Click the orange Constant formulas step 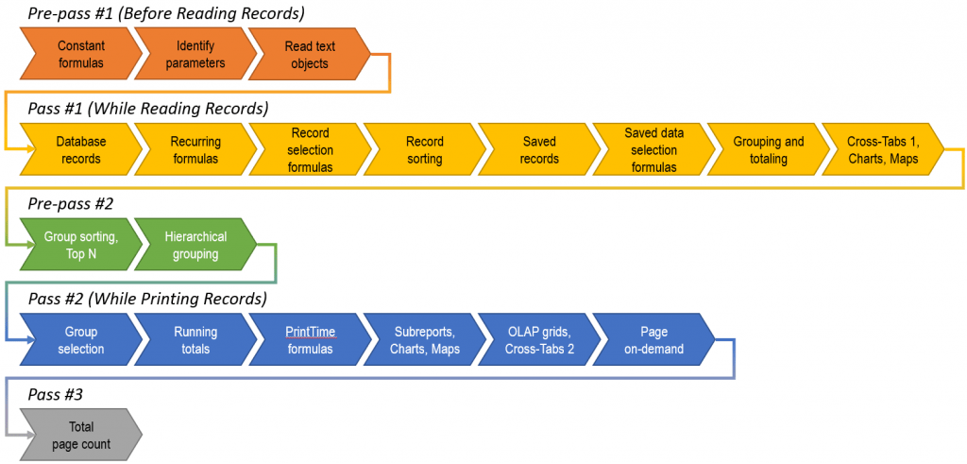[x=80, y=55]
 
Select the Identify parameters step [x=195, y=55]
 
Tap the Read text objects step [x=310, y=55]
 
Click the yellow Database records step [x=80, y=150]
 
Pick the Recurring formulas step [x=195, y=150]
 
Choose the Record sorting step [x=424, y=150]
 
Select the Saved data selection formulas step [x=653, y=150]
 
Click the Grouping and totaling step [x=768, y=150]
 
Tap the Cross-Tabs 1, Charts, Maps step [x=883, y=150]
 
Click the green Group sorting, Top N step [x=80, y=246]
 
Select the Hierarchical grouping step [x=195, y=246]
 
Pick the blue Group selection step [x=80, y=340]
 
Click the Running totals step [x=195, y=340]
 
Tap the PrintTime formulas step [x=310, y=340]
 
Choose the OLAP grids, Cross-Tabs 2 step [x=538, y=340]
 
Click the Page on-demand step [x=653, y=340]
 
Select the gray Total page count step [x=80, y=435]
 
